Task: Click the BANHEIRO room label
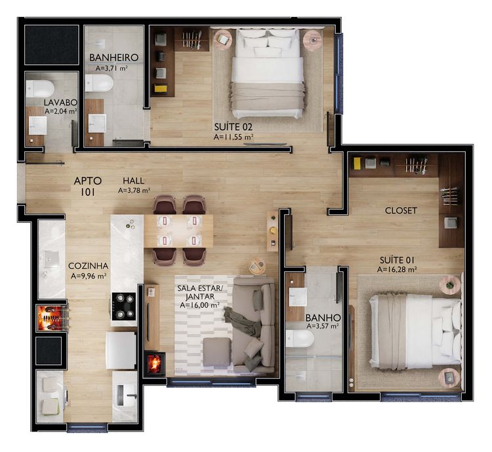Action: [113, 58]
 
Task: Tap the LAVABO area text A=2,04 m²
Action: [61, 111]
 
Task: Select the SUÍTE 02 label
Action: [233, 127]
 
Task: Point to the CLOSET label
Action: [401, 210]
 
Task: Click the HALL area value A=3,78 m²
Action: [134, 190]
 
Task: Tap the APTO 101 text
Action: [88, 187]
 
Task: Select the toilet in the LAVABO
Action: [39, 88]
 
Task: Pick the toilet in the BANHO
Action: [300, 339]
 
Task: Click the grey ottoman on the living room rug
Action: [217, 352]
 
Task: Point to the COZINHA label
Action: [88, 266]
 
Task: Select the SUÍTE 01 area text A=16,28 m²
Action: [397, 269]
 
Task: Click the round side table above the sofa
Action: [257, 267]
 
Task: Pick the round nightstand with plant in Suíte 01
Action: [450, 285]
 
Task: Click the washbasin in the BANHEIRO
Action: [96, 123]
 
